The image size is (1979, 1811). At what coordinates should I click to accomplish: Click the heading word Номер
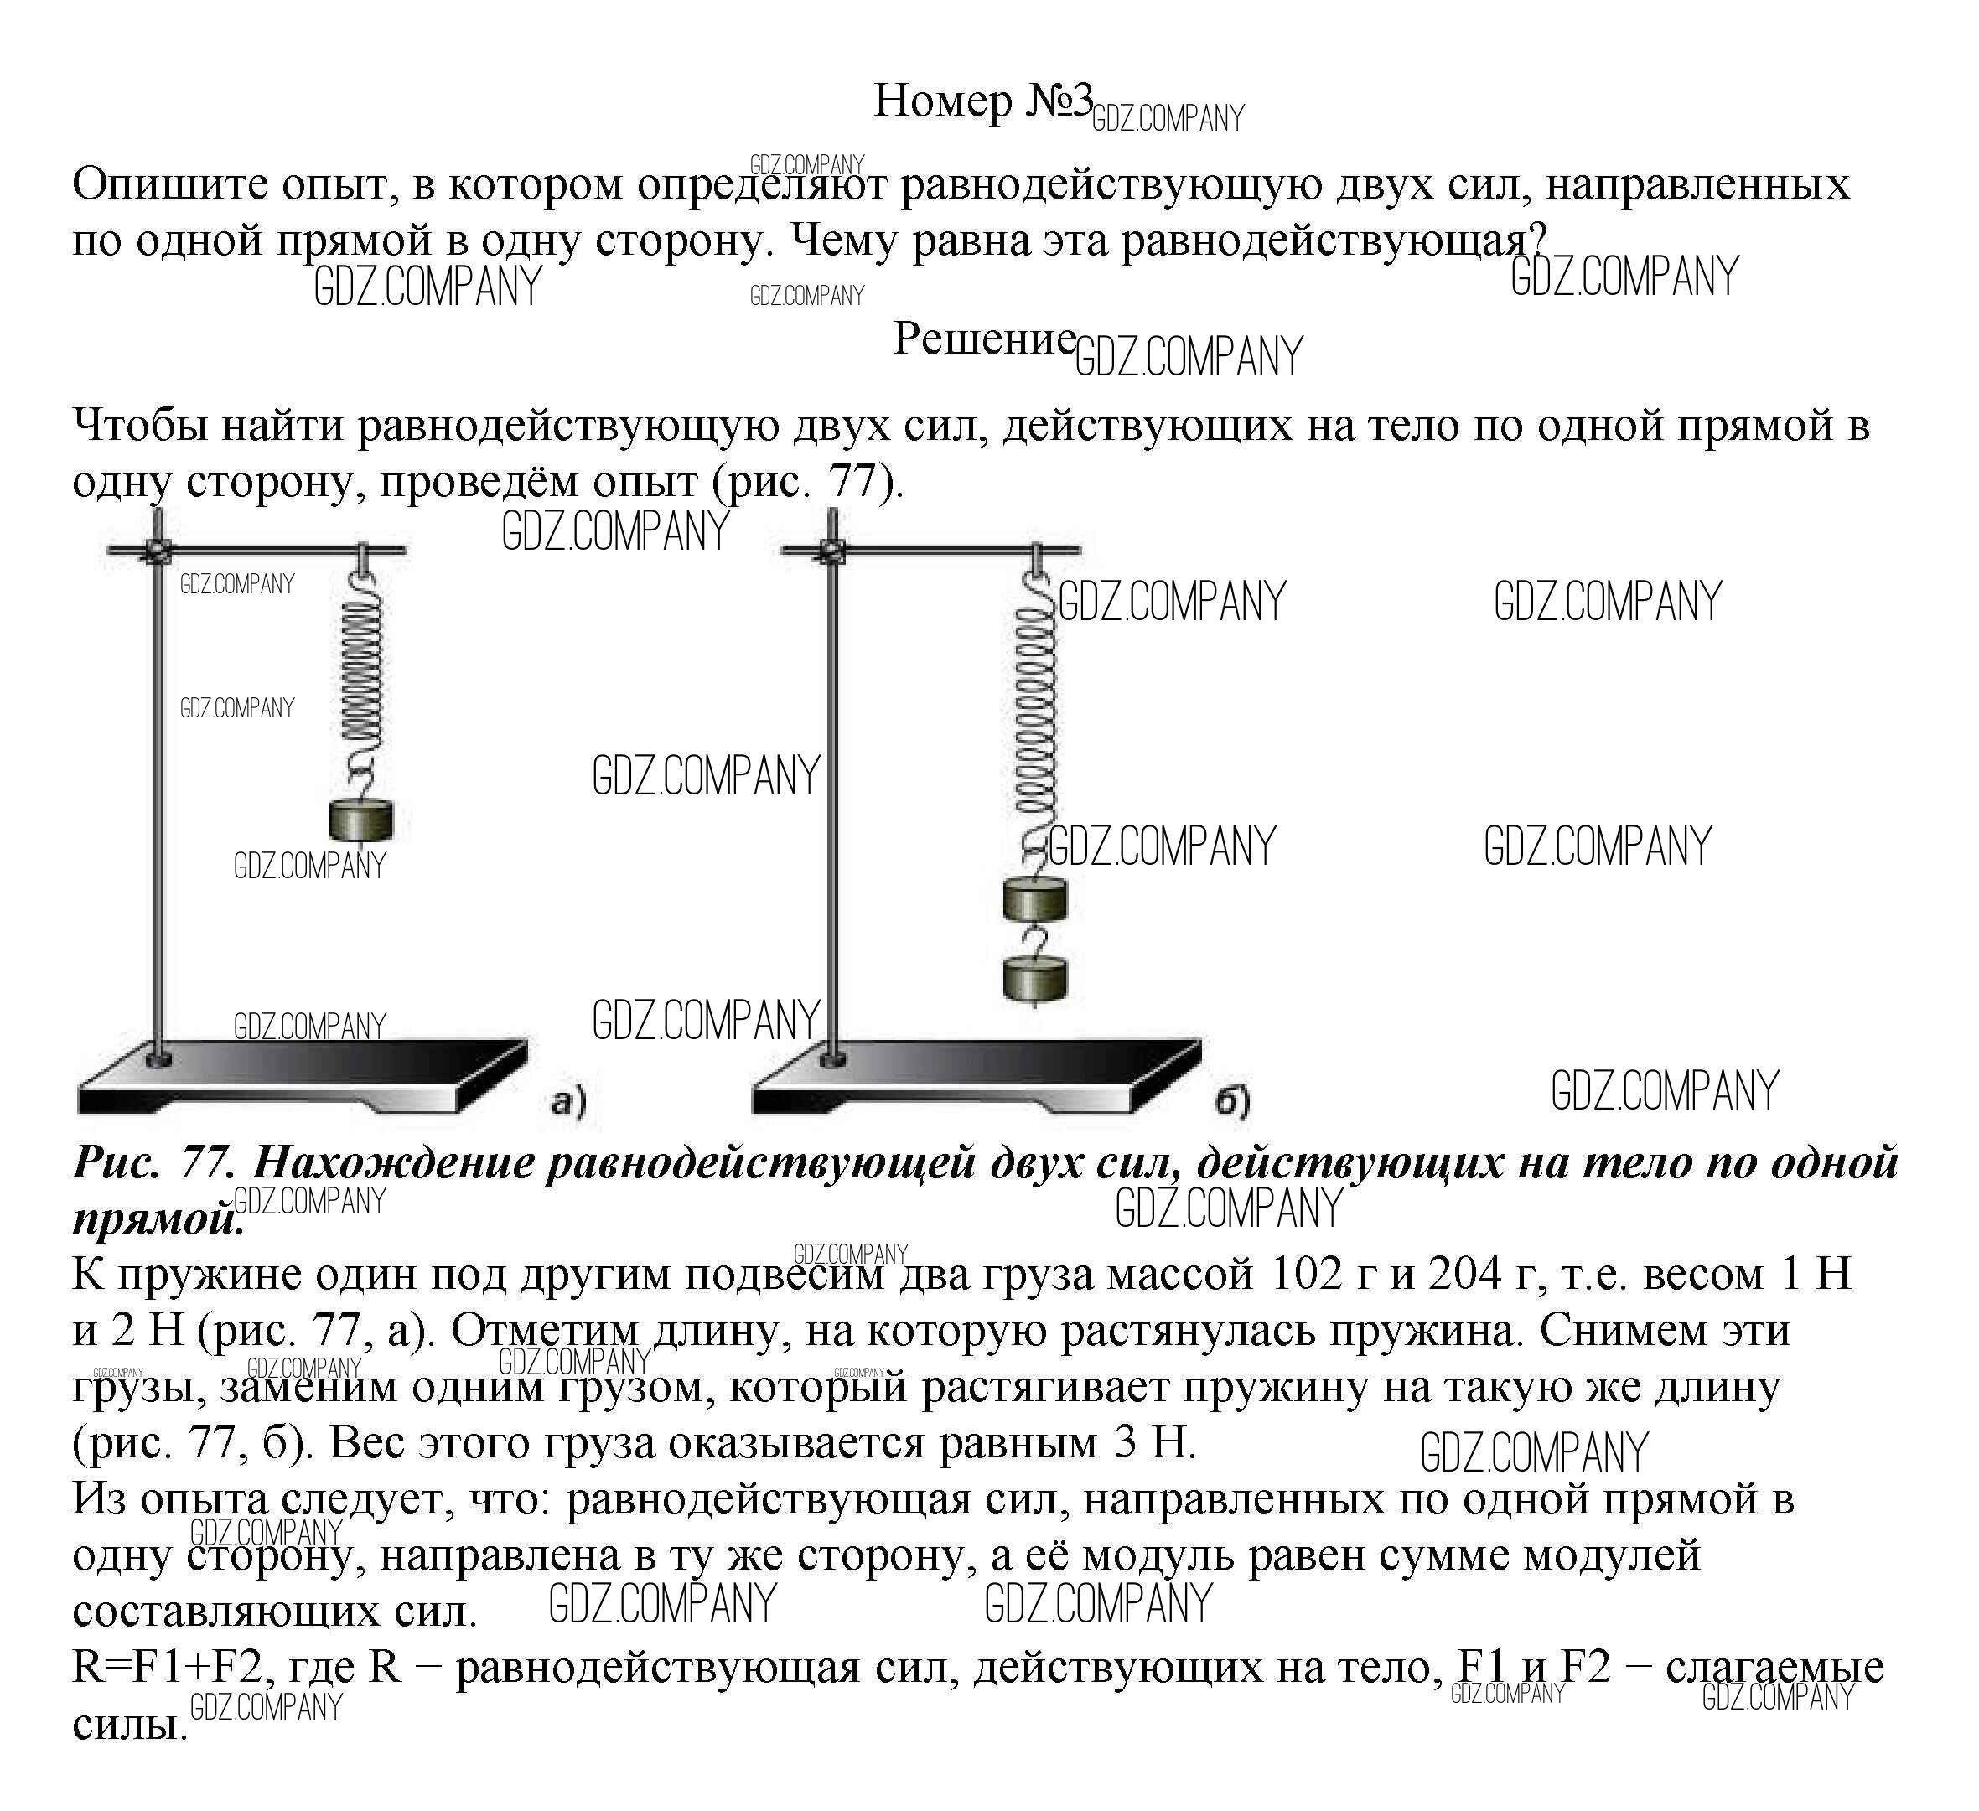[941, 100]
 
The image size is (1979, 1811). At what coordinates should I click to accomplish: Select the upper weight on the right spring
[1034, 899]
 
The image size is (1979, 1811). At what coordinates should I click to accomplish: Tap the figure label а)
[568, 1101]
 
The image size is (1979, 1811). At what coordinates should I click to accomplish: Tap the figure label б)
[1232, 1101]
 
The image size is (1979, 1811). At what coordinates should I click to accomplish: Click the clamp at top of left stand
[156, 551]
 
